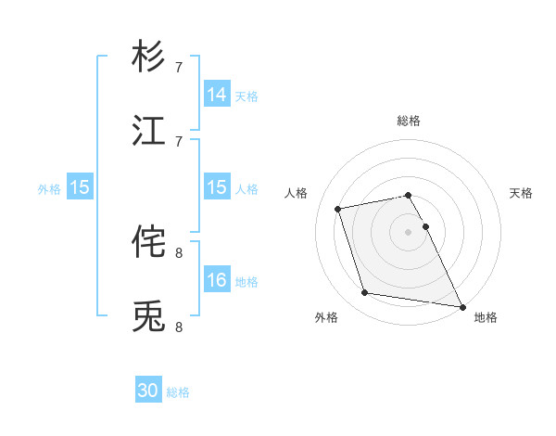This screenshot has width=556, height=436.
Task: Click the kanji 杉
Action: [x=149, y=58]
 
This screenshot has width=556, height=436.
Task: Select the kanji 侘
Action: [x=149, y=242]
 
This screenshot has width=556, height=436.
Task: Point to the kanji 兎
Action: [x=149, y=316]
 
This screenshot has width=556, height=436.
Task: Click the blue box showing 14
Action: [x=217, y=95]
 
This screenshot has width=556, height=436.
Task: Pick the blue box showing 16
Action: [x=217, y=280]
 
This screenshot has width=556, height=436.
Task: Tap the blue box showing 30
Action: [x=148, y=391]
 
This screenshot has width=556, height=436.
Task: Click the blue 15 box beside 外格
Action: [x=80, y=187]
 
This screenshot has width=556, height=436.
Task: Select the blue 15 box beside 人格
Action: [x=217, y=187]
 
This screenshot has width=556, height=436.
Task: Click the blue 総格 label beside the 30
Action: [x=178, y=392]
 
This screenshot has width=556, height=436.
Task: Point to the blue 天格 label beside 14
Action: [x=246, y=96]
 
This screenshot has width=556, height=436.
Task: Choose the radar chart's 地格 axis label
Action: [x=486, y=317]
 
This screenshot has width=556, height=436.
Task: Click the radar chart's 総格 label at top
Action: [x=409, y=121]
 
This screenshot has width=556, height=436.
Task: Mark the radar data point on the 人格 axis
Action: [x=339, y=208]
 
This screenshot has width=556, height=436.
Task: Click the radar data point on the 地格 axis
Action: [x=461, y=306]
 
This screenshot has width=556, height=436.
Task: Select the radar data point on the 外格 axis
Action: [x=365, y=293]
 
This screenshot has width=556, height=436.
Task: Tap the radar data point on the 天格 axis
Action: [x=426, y=226]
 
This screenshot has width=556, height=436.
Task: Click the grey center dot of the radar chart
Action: [x=409, y=232]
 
